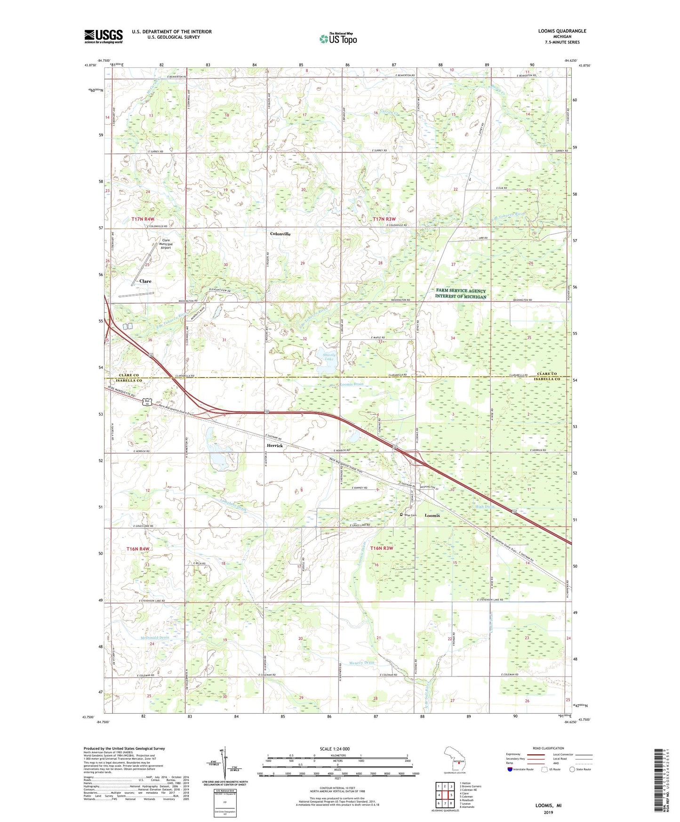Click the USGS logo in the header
click(x=104, y=36)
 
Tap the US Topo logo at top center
click(x=338, y=38)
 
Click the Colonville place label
click(x=280, y=234)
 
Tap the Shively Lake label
click(x=329, y=356)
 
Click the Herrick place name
click(x=275, y=445)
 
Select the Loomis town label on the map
click(x=432, y=516)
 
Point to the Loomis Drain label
click(x=352, y=384)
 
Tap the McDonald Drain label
click(x=154, y=637)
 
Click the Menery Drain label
click(x=362, y=662)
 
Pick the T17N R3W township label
click(x=385, y=219)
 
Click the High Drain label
click(x=486, y=507)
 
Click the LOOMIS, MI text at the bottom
click(x=548, y=806)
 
